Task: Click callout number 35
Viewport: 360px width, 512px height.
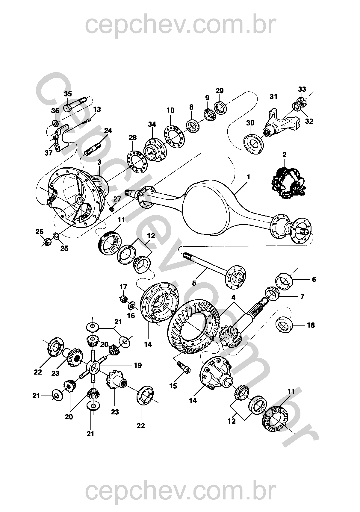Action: point(68,94)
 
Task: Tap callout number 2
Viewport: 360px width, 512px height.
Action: point(284,155)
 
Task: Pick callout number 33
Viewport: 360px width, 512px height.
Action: point(302,89)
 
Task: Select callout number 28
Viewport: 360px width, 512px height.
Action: point(133,137)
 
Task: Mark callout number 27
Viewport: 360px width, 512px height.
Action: point(117,199)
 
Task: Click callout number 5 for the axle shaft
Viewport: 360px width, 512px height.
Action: point(194,284)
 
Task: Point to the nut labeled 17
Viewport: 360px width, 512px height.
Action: point(124,299)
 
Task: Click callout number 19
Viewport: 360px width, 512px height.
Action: point(137,372)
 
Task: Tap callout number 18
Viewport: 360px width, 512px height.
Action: point(311,325)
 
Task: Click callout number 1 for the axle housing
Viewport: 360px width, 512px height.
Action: point(249,177)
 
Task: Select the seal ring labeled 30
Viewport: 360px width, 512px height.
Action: point(253,144)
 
